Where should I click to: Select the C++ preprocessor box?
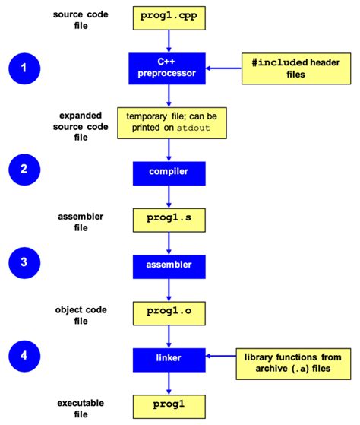click(168, 68)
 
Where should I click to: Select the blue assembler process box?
click(168, 265)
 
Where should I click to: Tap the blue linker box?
click(168, 356)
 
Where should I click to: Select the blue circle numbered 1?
click(25, 68)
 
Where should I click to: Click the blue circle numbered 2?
click(25, 169)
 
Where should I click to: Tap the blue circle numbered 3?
click(25, 263)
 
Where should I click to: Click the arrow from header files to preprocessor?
click(221, 68)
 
